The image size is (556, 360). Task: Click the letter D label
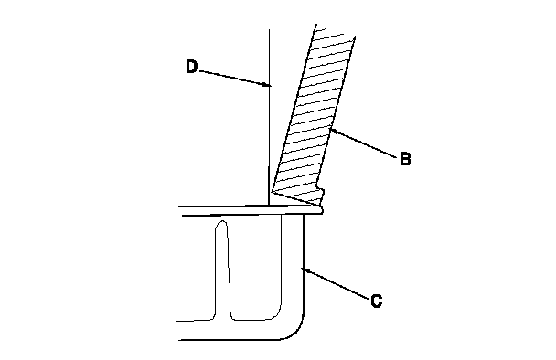(x=191, y=67)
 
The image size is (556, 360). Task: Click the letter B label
(x=405, y=159)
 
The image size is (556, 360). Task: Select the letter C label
(x=376, y=301)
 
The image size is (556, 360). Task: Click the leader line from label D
(x=234, y=78)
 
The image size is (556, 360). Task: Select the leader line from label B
(x=363, y=143)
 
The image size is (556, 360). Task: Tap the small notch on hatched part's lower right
(x=321, y=194)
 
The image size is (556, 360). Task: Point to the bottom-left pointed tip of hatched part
(x=273, y=192)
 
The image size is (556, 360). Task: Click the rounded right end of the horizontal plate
(x=321, y=210)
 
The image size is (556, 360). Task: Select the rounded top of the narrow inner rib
(x=222, y=223)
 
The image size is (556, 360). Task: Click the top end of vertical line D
(x=269, y=30)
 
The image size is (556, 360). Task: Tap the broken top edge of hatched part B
(x=335, y=31)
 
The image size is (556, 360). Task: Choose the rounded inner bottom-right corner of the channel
(x=276, y=314)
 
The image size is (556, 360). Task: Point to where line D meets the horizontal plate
(x=269, y=206)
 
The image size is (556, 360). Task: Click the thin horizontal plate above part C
(x=251, y=210)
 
